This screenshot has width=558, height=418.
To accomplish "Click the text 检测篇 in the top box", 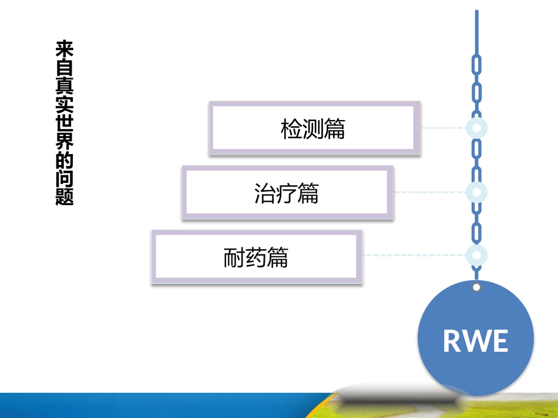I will coord(312,129).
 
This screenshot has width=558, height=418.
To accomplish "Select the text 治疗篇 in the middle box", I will coord(286,193).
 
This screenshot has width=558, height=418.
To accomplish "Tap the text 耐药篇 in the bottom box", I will coord(256,258).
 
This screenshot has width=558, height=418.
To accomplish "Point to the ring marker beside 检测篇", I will coord(476,127).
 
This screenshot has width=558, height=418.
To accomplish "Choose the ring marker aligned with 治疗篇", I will coord(476,192).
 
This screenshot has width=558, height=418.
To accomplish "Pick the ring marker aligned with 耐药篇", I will coord(476,255).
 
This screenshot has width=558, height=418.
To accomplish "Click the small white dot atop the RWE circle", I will coord(476,287).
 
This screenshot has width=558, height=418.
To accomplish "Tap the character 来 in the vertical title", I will coord(65,49).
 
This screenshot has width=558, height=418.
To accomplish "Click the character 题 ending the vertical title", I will coord(65,197).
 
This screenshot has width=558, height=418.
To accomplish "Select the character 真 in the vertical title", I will coord(65,86).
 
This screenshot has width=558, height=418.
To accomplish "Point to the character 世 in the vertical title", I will coord(65,123).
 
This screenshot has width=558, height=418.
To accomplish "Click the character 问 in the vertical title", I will coord(65,179).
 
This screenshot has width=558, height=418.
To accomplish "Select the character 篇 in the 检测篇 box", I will coord(334,129).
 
